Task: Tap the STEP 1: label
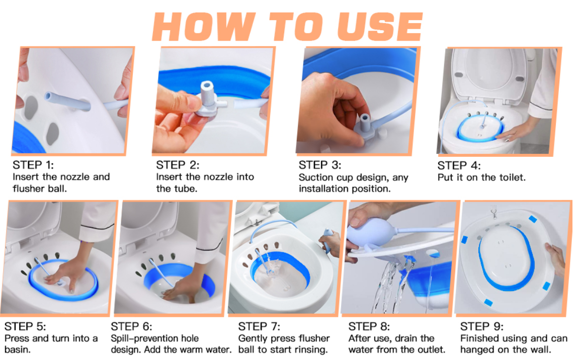33,165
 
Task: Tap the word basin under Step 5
17,349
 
